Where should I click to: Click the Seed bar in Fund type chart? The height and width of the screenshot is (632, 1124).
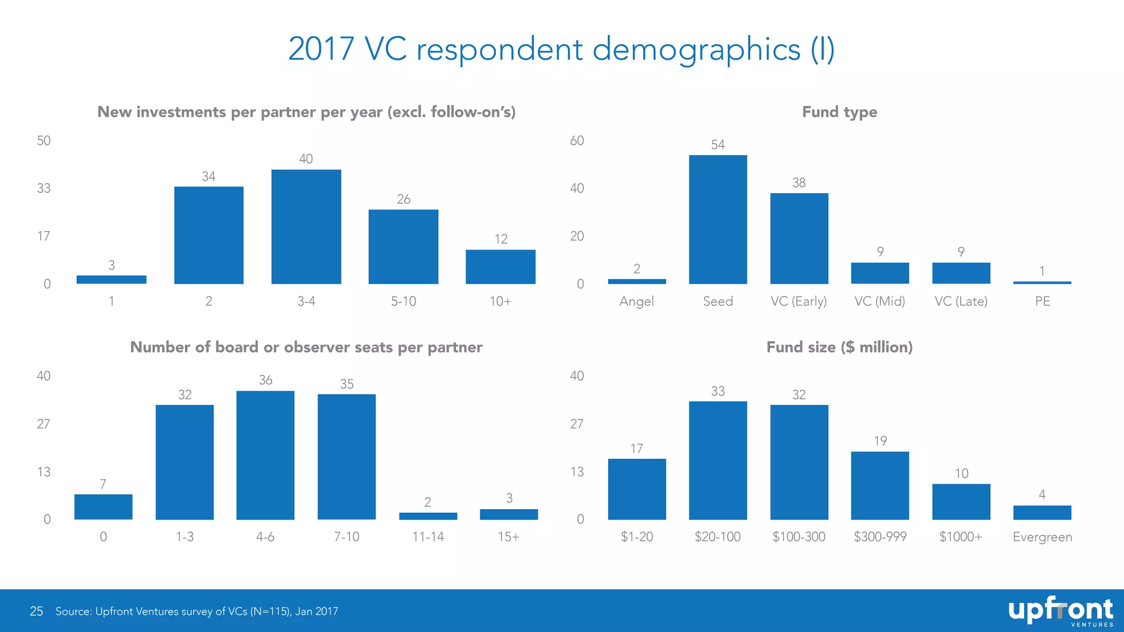tap(718, 219)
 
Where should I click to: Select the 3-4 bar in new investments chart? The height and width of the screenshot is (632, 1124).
tap(306, 227)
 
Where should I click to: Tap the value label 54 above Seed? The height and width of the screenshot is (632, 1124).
tap(718, 145)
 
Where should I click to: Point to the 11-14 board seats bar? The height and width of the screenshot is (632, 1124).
tap(428, 516)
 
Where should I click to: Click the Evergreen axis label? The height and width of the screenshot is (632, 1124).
tap(1042, 537)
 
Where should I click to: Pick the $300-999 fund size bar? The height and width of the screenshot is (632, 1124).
tap(880, 486)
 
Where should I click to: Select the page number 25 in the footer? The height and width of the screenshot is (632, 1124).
tap(36, 611)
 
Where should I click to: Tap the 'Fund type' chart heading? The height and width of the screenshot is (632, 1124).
tap(839, 112)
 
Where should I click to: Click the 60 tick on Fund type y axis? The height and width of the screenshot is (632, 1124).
tap(577, 141)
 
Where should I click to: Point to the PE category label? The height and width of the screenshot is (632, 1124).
tap(1042, 301)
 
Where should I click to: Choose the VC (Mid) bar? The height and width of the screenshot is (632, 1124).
tap(880, 273)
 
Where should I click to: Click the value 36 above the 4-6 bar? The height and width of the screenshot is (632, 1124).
tap(266, 380)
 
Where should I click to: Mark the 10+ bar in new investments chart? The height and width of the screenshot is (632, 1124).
tap(501, 267)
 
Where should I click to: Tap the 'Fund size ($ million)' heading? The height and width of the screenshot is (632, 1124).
tap(839, 347)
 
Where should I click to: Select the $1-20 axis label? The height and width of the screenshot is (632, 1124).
tap(637, 537)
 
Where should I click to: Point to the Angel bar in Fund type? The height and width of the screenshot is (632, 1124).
tap(637, 281)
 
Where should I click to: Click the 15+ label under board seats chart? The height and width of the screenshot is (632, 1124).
tap(509, 537)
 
